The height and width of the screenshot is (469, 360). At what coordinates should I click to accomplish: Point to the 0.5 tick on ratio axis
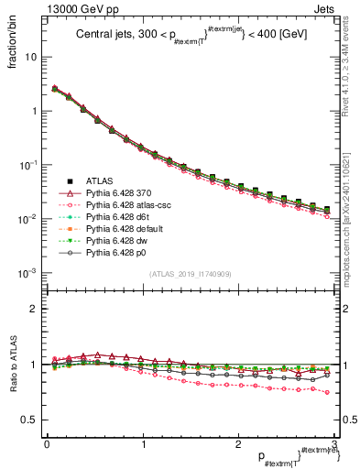point(29,420)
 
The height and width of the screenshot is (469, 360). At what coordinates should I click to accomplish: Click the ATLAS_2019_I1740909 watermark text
point(188,274)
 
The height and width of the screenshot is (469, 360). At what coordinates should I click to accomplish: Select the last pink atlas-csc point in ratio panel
point(327,392)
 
